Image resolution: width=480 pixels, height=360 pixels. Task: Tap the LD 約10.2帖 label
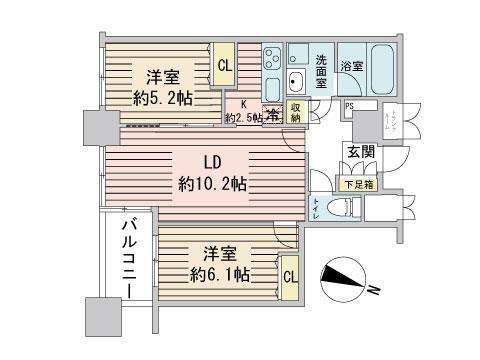point(212,173)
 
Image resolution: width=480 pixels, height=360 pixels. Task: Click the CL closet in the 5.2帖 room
point(224,66)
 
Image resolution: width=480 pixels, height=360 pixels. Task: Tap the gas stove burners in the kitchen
point(273,63)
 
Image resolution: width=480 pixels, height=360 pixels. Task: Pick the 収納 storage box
point(296,112)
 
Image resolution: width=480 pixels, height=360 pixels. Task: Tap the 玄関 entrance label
point(359,152)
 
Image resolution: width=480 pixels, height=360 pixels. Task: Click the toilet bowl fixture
point(343,208)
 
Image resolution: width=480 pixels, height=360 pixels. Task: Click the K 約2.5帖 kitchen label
point(243,110)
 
